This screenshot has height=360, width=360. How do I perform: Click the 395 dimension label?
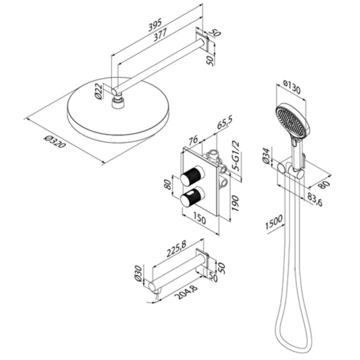155,25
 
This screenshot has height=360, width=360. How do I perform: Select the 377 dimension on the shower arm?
160,35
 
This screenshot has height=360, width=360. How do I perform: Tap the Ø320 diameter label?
55,142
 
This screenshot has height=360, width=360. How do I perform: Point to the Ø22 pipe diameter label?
98,91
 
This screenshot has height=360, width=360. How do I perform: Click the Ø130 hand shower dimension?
292,86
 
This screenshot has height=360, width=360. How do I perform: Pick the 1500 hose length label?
274,222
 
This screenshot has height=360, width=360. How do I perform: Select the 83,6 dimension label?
315,200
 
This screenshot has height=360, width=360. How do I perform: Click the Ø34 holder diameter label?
266,156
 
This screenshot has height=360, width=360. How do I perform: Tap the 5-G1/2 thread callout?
235,156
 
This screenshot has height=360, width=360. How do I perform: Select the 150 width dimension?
200,218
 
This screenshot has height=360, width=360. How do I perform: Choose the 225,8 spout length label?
176,248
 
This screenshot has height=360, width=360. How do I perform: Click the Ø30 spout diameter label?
138,273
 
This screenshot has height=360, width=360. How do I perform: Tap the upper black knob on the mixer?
192,176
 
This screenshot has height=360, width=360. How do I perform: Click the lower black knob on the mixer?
192,197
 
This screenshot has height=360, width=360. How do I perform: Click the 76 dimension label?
194,140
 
